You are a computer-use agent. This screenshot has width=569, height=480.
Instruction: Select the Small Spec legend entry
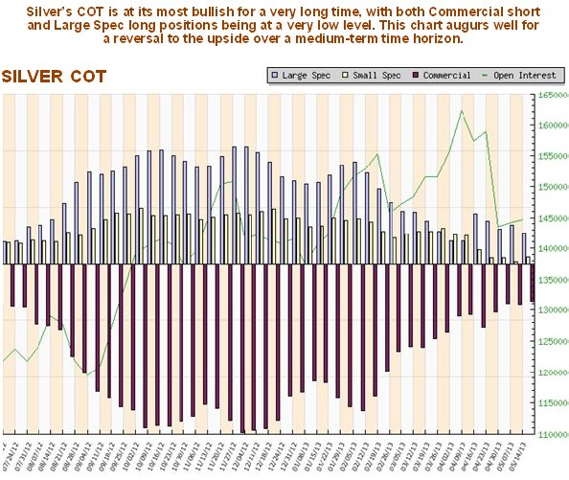[372, 75]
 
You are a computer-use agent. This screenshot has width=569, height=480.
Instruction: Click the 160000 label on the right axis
[552, 126]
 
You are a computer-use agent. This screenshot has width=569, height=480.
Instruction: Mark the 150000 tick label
[552, 187]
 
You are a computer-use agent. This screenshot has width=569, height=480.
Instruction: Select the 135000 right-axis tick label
[552, 280]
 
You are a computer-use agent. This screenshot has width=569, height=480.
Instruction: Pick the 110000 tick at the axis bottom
[552, 433]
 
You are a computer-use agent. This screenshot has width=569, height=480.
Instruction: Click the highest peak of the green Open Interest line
[463, 110]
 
